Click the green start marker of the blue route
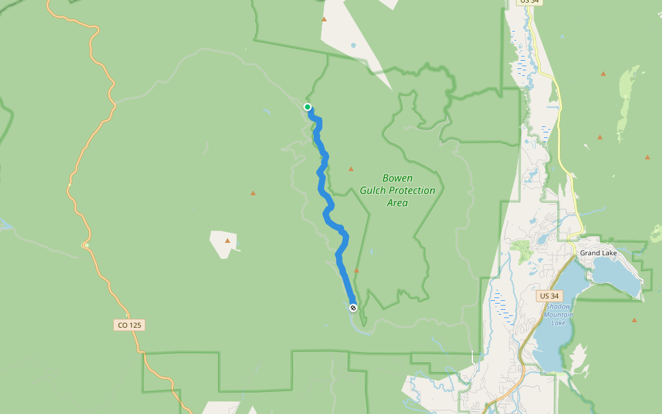tap(308, 107)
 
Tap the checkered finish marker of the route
tap(353, 308)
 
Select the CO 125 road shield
tap(130, 325)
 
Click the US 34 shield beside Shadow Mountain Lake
tap(546, 296)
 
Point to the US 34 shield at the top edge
tap(530, 2)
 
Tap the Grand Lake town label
tap(598, 253)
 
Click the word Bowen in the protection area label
tap(397, 178)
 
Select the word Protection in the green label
tap(412, 190)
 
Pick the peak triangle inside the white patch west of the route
tap(228, 241)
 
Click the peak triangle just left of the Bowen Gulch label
tap(351, 169)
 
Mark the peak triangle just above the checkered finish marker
tap(357, 271)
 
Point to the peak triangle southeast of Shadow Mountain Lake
tap(634, 320)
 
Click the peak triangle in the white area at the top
tap(324, 19)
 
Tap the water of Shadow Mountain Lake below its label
tap(552, 342)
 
